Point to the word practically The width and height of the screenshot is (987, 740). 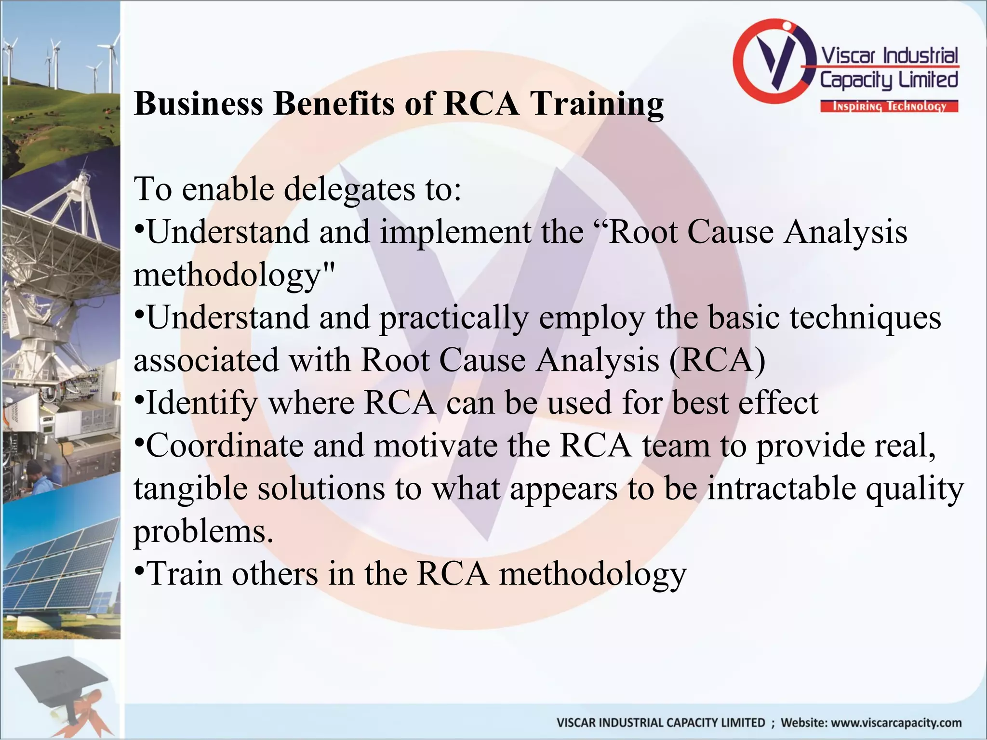point(454,318)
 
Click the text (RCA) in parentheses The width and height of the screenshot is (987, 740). point(717,360)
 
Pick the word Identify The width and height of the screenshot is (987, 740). point(201,403)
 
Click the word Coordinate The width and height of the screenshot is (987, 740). point(225,446)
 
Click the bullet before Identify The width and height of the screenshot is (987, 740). point(139,400)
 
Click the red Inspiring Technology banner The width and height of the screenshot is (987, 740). point(889,106)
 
